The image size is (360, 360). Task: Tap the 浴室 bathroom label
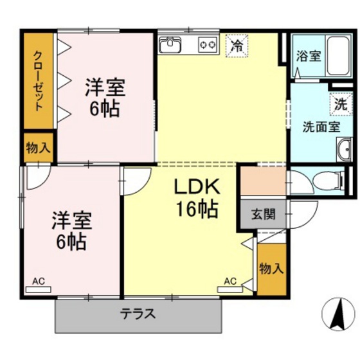[309, 57]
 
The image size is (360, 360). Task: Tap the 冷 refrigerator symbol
[237, 46]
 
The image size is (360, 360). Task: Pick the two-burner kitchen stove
[208, 45]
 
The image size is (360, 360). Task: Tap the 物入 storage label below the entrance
[271, 268]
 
